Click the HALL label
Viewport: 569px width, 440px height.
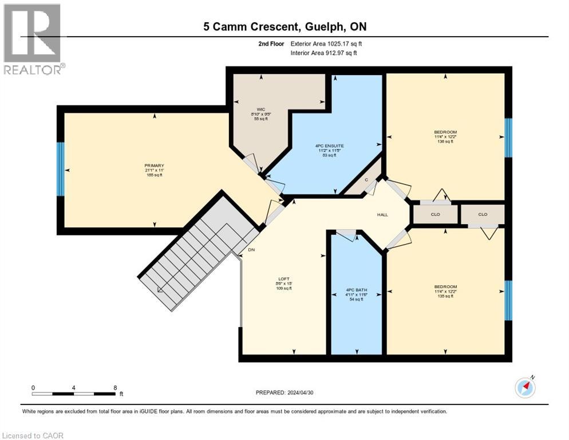[x=382, y=215]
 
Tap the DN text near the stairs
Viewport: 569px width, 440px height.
[x=251, y=250]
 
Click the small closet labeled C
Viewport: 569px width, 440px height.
[x=366, y=180]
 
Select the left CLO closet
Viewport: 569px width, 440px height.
[x=434, y=214]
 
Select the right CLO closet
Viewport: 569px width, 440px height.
[x=483, y=214]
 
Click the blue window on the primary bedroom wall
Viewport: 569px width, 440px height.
[x=60, y=170]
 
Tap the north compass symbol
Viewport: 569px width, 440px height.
[x=525, y=387]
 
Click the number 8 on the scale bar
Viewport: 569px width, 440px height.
[x=115, y=387]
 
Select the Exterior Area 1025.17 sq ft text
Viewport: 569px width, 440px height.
[x=326, y=44]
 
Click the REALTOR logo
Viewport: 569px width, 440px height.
[x=34, y=39]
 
